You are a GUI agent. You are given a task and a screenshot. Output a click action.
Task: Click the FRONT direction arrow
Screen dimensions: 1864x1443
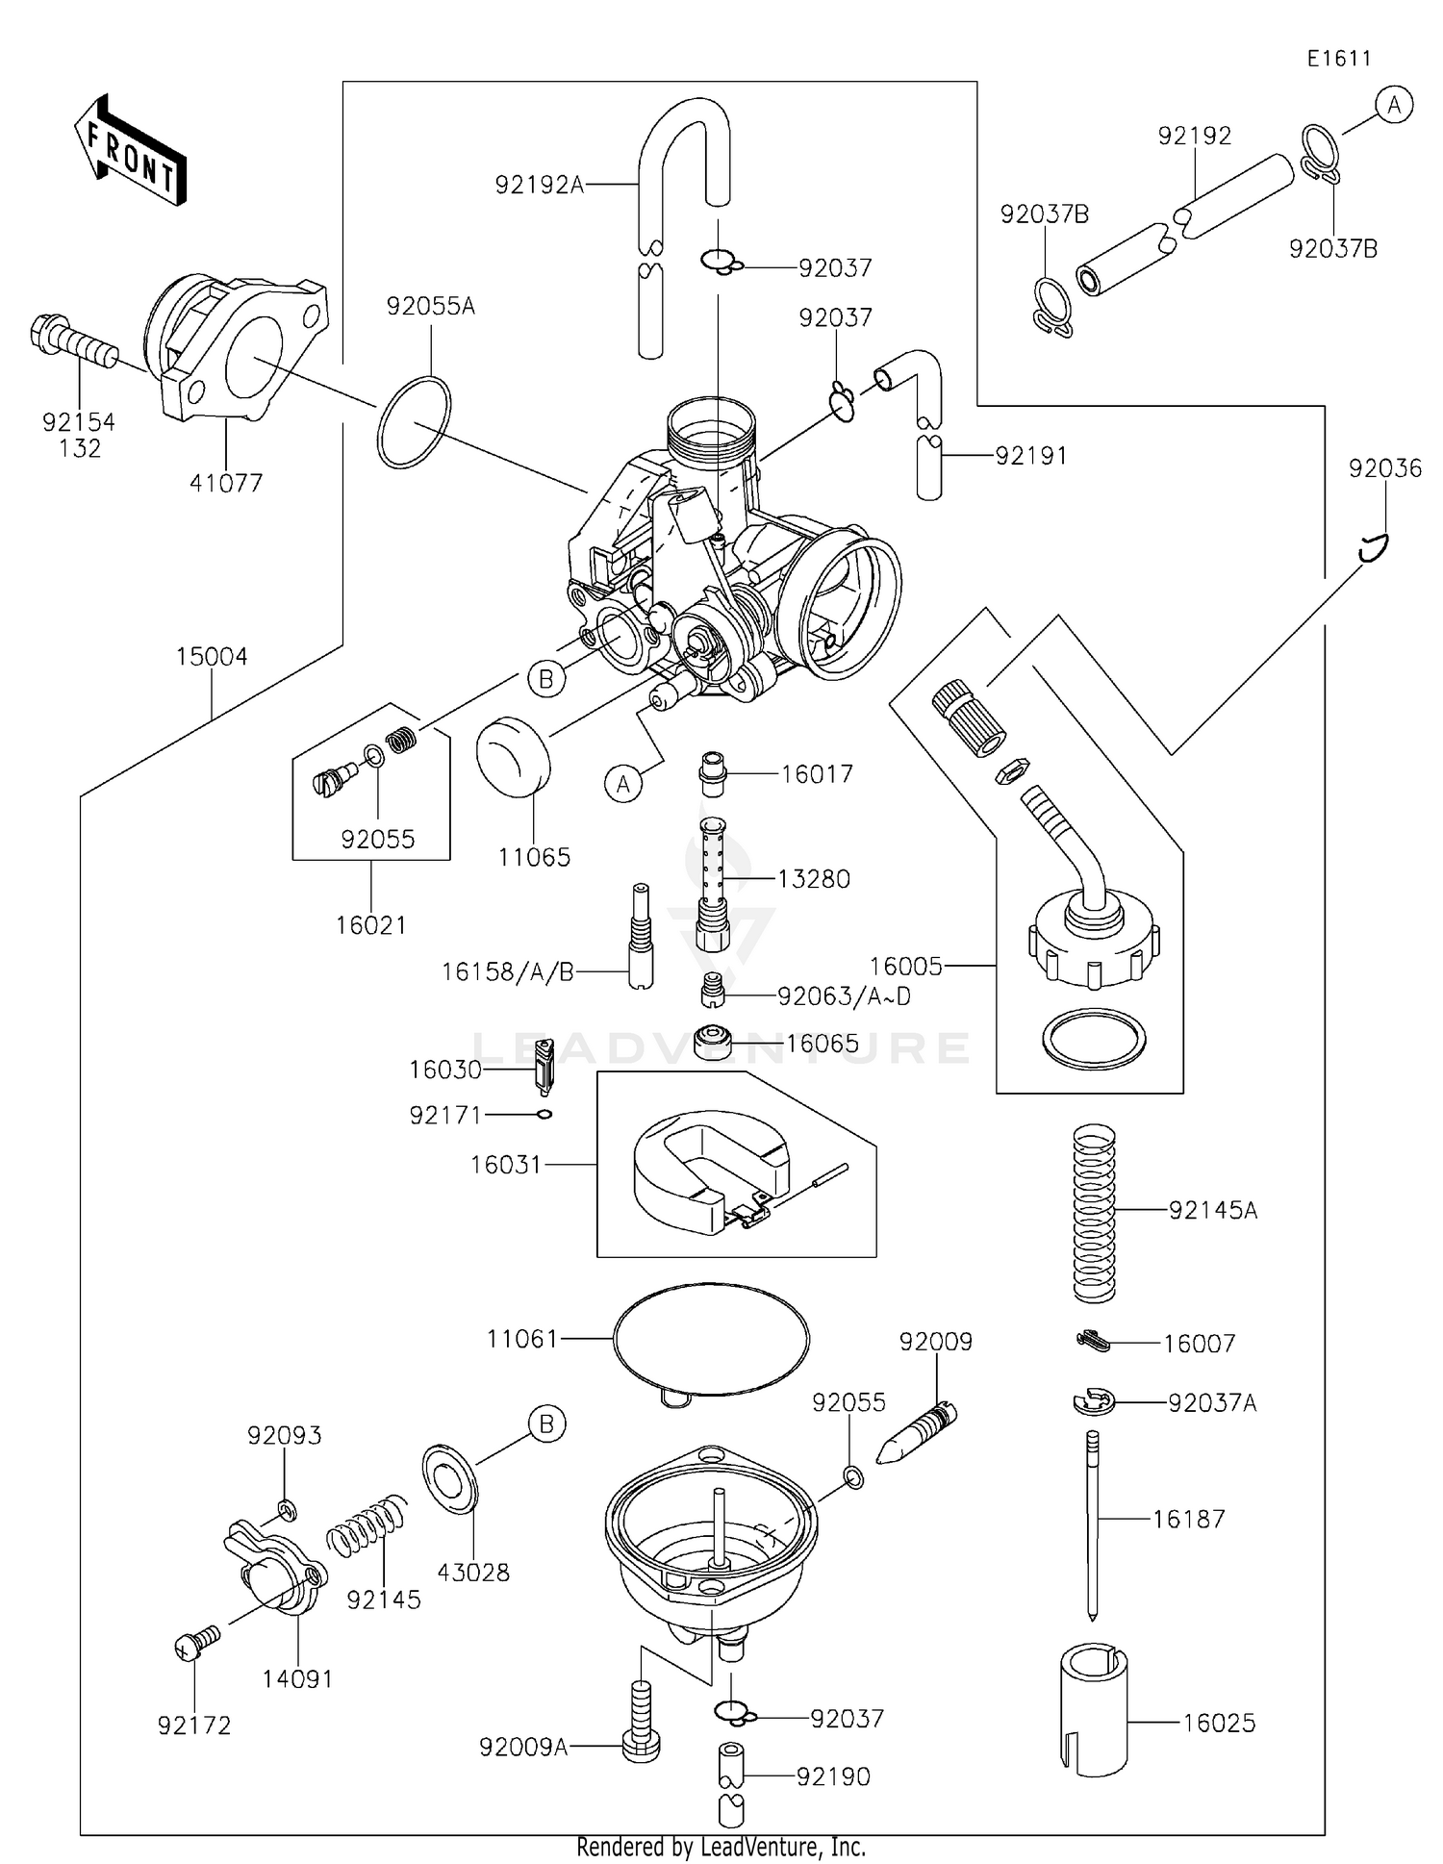[x=131, y=151]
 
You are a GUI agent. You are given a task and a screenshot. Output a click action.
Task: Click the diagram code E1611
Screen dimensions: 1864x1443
[x=1338, y=59]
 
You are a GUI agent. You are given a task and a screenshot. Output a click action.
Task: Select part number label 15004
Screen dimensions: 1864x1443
[x=212, y=657]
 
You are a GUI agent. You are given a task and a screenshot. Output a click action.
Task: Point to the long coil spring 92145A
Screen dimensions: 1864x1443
[x=1094, y=1213]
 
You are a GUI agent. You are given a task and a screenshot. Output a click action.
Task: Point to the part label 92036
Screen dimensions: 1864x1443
[x=1384, y=468]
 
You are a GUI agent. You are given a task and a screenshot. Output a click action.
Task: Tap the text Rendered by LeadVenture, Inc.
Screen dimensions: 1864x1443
[x=721, y=1847]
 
